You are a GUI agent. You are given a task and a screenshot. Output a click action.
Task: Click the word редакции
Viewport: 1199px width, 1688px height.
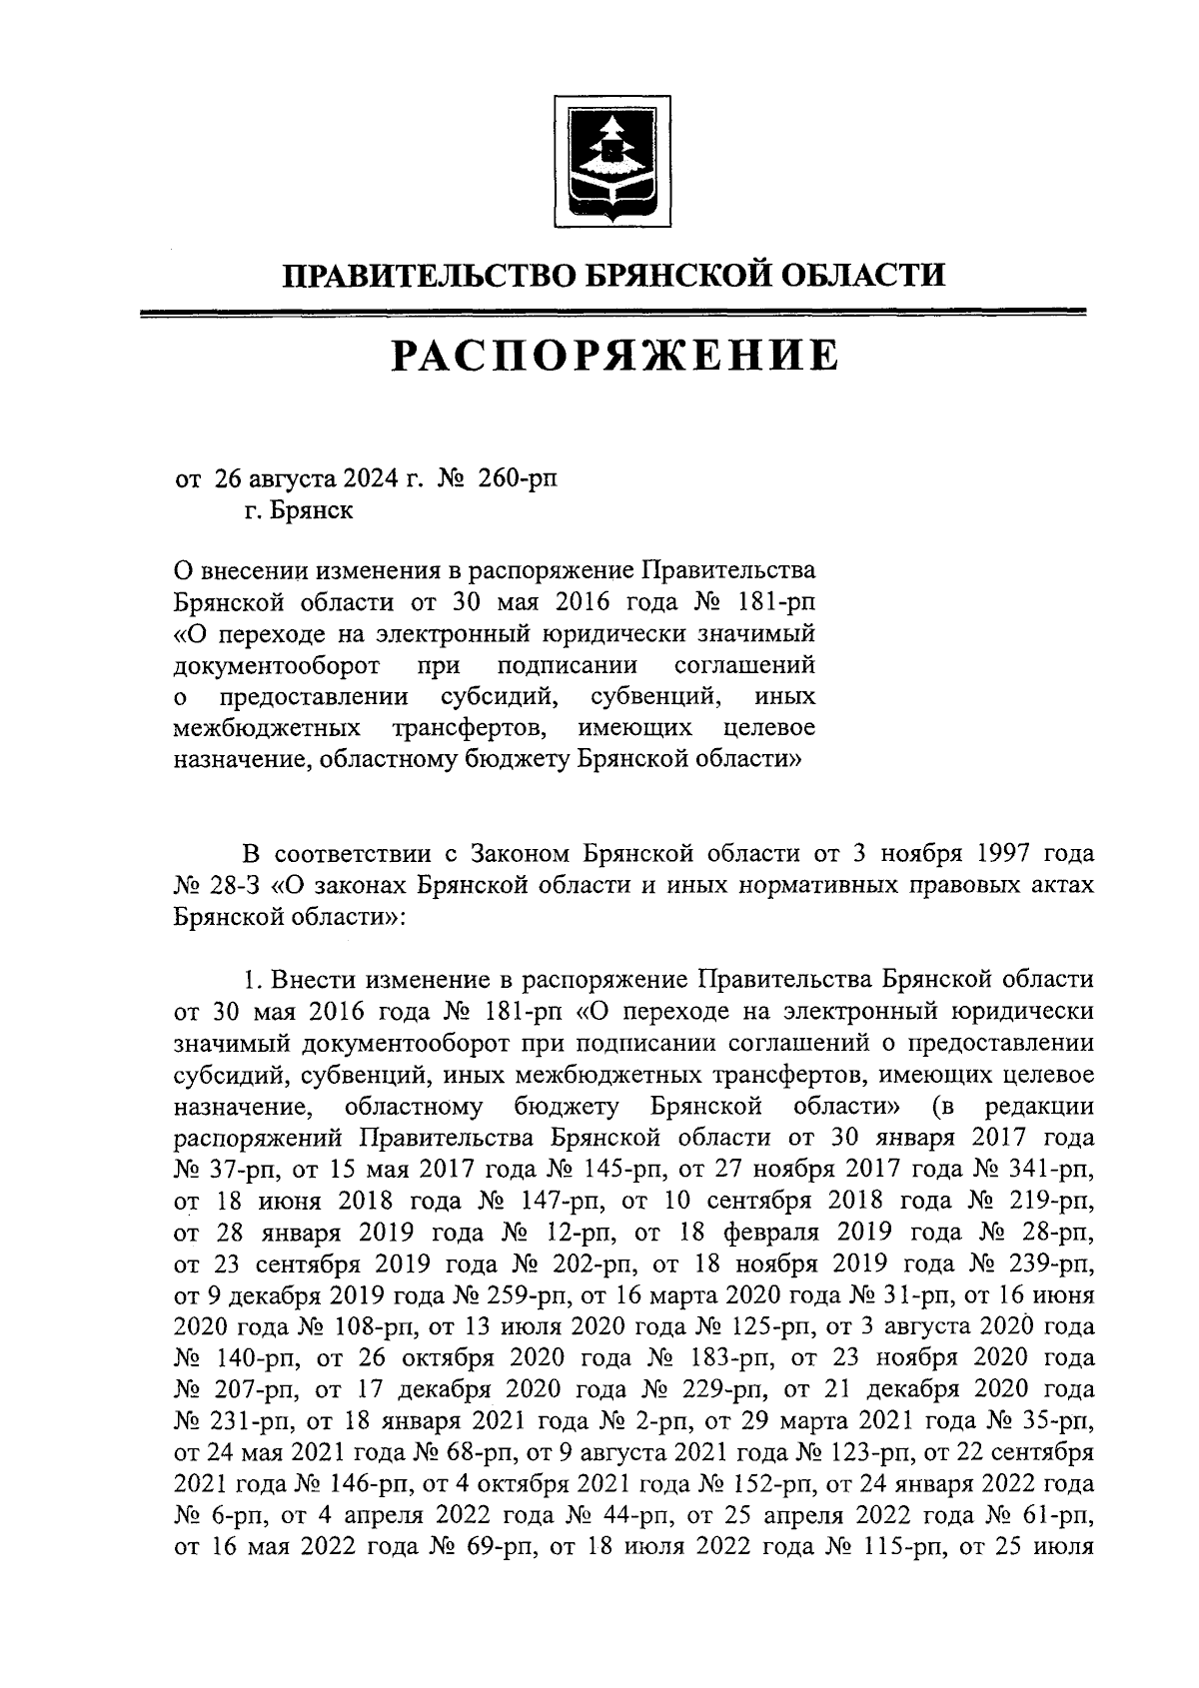point(1039,1107)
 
